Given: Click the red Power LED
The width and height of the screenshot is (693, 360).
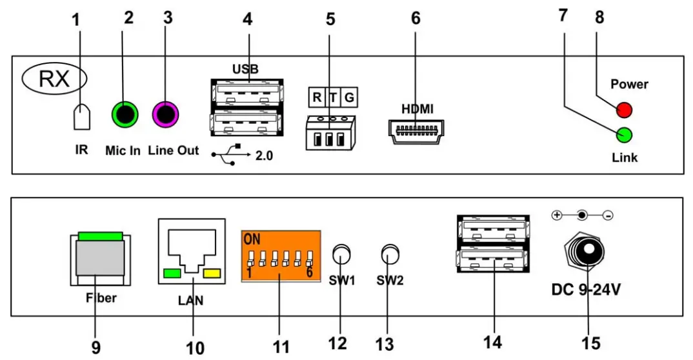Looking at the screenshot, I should point(624,110).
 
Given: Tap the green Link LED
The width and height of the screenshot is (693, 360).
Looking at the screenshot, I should point(624,135).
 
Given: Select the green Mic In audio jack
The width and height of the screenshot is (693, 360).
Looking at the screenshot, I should point(125,115).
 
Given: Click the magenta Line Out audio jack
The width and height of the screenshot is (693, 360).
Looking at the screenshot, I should point(165,115).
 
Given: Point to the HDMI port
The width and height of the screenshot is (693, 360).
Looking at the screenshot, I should point(416,131).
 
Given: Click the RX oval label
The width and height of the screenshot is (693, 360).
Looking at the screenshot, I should point(55,79).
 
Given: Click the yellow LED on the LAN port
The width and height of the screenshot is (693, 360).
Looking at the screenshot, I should point(212,274).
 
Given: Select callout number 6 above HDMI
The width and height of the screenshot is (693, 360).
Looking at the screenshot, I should point(416,19).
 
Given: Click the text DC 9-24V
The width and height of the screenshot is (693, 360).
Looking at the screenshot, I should point(586,290).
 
